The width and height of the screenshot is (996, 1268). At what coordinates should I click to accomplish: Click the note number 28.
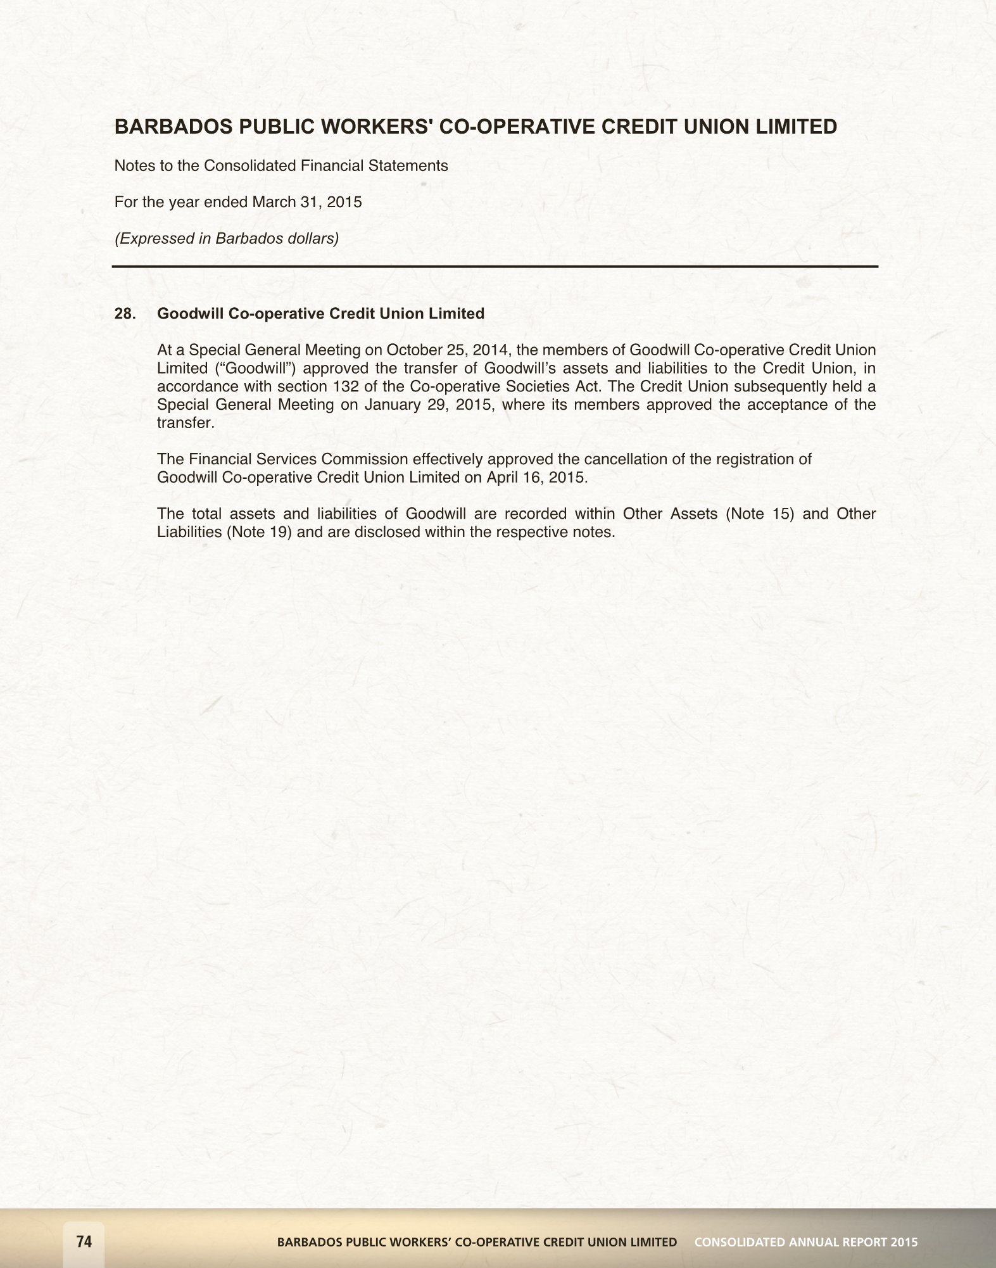(125, 314)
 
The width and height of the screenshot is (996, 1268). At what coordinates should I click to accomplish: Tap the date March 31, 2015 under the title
(307, 202)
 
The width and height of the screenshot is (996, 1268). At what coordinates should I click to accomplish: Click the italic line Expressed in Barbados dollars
(226, 239)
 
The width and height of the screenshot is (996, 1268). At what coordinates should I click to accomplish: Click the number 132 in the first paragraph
(346, 386)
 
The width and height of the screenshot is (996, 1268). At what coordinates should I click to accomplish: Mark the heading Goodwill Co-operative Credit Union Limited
(320, 314)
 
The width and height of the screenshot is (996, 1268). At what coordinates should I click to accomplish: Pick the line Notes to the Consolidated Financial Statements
(281, 166)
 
